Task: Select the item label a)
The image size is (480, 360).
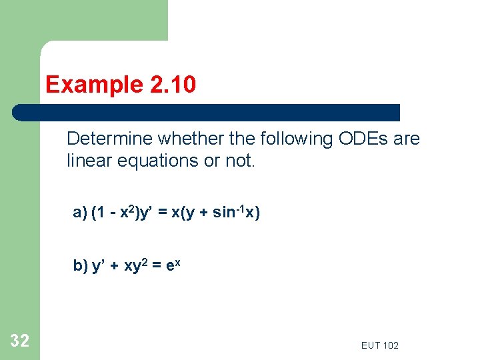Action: click(x=80, y=213)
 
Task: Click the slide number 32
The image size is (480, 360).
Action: click(x=20, y=341)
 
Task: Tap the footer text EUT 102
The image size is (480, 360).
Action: click(x=379, y=345)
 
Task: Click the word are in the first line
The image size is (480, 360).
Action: click(x=407, y=139)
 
